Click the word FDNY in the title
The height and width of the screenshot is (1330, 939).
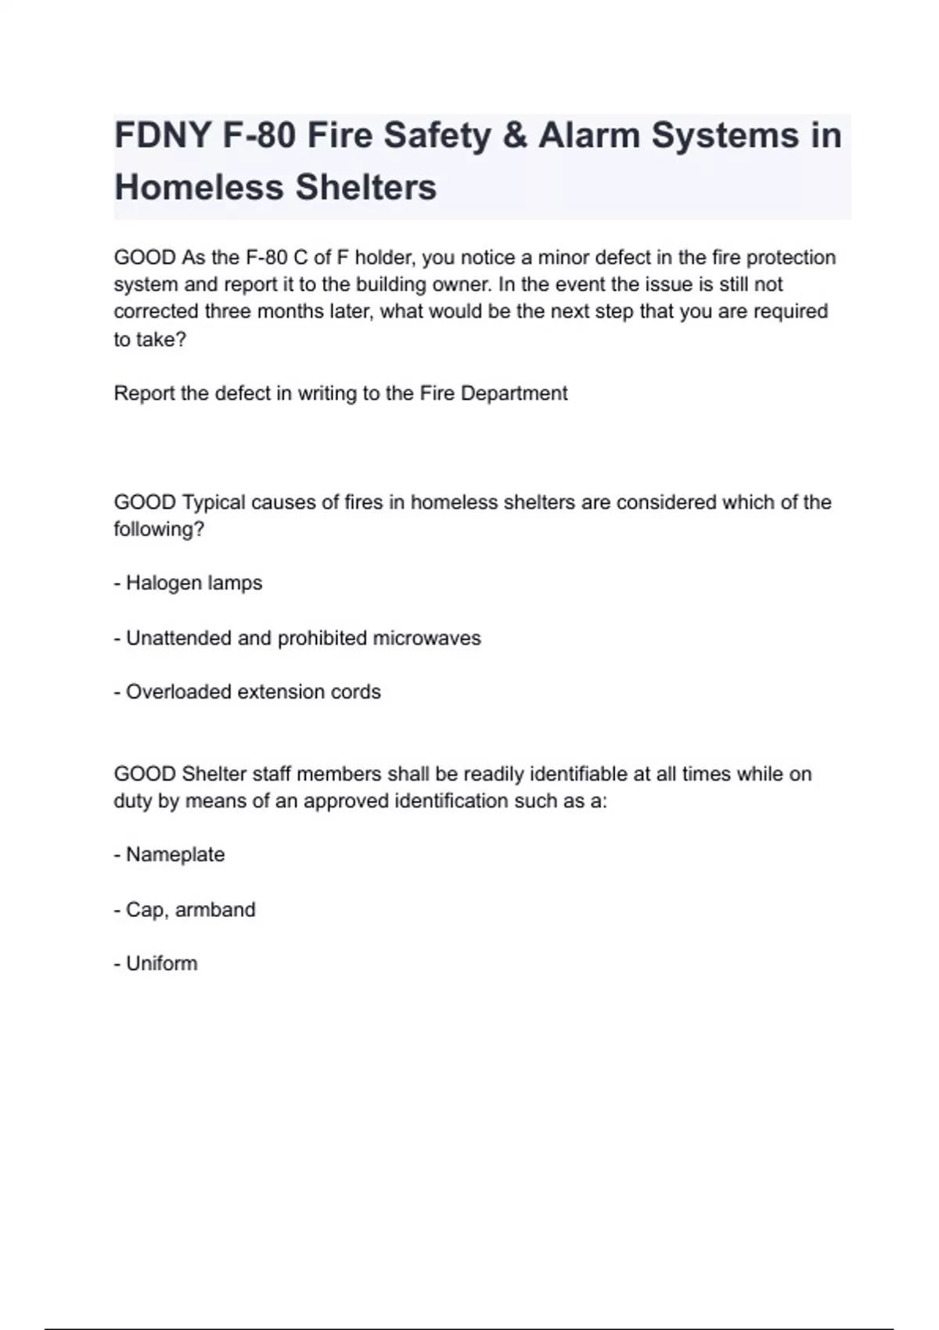(161, 135)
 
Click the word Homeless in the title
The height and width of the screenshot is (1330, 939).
(199, 188)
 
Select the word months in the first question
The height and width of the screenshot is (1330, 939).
(289, 311)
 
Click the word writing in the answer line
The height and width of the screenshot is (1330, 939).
(327, 393)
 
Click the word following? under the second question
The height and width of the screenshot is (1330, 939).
(159, 529)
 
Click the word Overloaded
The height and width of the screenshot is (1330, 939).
(178, 692)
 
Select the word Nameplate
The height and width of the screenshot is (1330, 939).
(175, 854)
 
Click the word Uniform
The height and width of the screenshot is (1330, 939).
(162, 963)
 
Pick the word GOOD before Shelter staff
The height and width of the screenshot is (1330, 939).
(145, 774)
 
